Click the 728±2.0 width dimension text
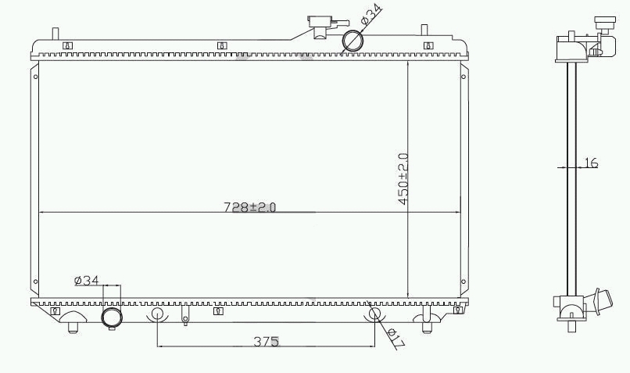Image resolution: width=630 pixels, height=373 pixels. click(x=250, y=207)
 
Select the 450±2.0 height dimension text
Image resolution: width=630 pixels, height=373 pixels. click(x=403, y=179)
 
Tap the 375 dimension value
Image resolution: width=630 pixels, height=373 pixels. click(x=266, y=341)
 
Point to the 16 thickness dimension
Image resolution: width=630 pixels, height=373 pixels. click(x=591, y=163)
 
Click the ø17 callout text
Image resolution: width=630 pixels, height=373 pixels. click(x=396, y=338)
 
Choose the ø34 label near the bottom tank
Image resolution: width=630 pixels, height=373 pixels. click(x=87, y=280)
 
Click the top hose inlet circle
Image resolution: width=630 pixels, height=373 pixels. click(x=353, y=41)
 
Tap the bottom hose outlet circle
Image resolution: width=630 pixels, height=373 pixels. click(x=112, y=317)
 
